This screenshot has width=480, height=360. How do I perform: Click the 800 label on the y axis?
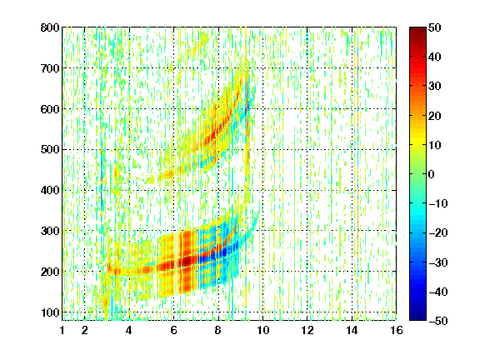pos(50,27)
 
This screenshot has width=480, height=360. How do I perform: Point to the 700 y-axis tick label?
pos(50,68)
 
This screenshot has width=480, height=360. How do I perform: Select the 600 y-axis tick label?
pos(50,109)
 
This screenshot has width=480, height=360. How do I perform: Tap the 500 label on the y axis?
pos(50,150)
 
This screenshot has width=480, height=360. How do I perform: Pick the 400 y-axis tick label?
pos(50,191)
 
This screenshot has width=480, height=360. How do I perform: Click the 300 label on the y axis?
pos(50,231)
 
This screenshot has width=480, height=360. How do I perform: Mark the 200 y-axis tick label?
pos(50,272)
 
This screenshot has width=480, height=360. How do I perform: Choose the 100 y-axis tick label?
pos(50,312)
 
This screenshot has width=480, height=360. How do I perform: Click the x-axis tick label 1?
pos(62,330)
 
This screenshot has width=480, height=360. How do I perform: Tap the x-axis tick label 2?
pos(85,330)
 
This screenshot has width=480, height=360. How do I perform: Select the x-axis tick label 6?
pos(174,330)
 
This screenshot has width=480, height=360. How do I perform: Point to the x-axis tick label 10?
pos(263,330)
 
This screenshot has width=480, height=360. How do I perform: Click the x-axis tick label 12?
pos(307,330)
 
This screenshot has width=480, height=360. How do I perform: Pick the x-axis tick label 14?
pos(352,330)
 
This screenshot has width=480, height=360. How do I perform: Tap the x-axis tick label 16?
pos(397,330)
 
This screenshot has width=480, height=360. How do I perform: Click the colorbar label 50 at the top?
pos(434,27)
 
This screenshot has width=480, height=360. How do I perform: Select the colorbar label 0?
pos(432,174)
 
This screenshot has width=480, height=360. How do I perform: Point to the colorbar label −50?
pos(438,321)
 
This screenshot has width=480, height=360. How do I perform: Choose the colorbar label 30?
pos(434,87)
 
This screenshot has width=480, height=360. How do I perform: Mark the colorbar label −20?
pos(438,233)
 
